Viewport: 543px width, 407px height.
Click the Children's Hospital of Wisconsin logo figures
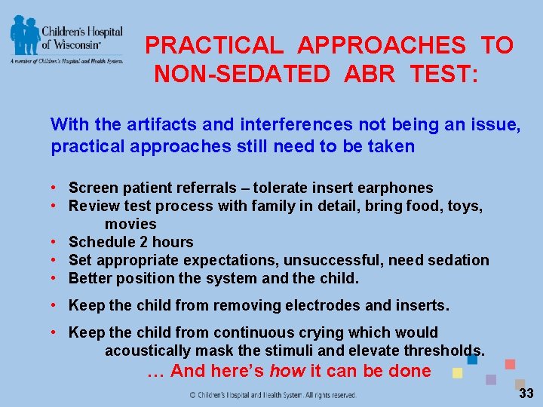point(25,34)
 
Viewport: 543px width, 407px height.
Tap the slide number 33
point(526,393)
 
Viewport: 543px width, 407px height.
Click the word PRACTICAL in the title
point(214,46)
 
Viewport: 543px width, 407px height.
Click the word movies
point(130,224)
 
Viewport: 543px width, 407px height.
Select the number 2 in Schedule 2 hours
point(133,242)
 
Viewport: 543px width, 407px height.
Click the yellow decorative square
point(457,372)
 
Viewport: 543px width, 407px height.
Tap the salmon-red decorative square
point(510,364)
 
